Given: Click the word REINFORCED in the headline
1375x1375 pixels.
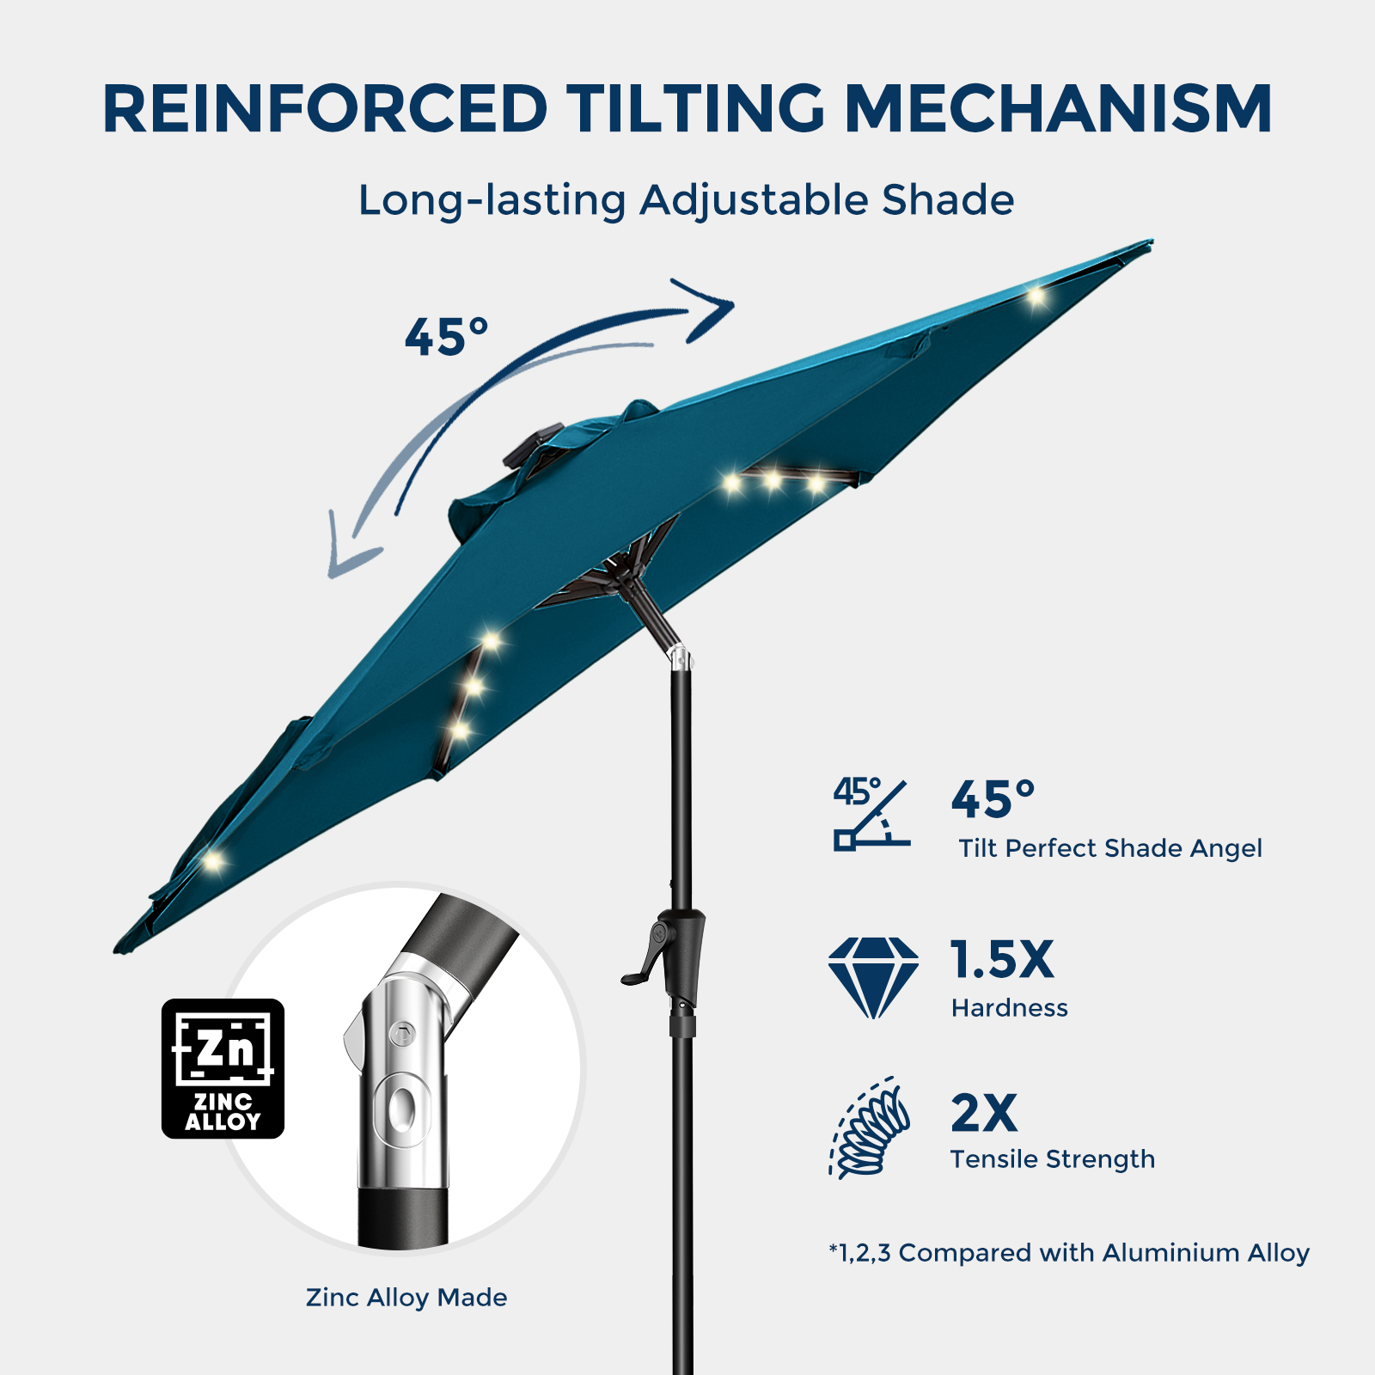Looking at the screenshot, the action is tap(325, 109).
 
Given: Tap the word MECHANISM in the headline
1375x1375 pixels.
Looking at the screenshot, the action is tap(1058, 109).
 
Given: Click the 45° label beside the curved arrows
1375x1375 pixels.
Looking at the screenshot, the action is tap(446, 336).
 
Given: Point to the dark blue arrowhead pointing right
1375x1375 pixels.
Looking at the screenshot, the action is tap(707, 309).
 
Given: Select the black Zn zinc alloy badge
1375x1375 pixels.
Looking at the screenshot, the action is tap(223, 1068).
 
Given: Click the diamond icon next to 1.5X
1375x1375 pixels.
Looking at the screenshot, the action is tap(873, 978).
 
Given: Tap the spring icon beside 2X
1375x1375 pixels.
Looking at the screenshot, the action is tap(870, 1127).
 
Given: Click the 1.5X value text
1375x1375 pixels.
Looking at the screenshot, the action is tap(1002, 959).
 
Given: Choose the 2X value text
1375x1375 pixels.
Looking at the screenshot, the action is tap(984, 1113).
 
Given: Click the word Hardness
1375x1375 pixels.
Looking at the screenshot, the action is tap(1010, 1008).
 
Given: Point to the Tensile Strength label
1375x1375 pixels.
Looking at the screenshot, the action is tap(1053, 1160).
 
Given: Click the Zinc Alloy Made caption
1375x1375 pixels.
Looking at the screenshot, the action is tap(406, 1298).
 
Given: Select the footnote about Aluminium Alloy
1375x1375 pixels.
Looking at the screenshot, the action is tap(1069, 1253).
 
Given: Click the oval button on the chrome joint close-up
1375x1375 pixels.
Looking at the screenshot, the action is tap(401, 1109).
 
